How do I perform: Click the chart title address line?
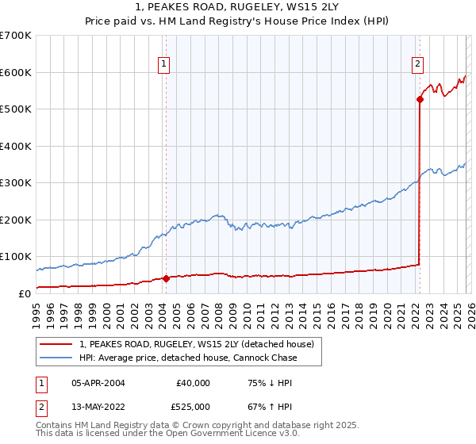coord(238,7)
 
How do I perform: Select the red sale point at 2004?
coord(166,278)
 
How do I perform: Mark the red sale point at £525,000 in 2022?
coord(420,100)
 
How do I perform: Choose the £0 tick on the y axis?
coord(24,293)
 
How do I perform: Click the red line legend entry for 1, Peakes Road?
coord(197,344)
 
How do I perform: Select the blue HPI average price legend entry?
coord(187,358)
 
